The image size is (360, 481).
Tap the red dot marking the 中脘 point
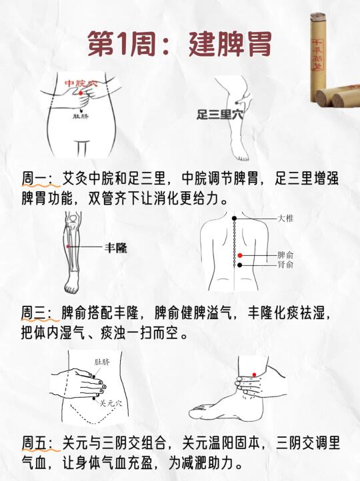81,93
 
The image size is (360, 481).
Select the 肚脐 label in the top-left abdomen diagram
81,117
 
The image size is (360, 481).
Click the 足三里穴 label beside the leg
220,115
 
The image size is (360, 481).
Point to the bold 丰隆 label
116,248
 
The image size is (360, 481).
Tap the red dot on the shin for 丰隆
68,246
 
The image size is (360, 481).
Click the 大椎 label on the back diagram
285,219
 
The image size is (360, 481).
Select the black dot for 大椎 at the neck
234,219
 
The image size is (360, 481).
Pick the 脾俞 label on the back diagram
285,255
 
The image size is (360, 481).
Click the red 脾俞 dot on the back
240,255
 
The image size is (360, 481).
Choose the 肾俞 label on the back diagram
285,264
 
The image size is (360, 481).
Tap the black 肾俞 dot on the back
240,265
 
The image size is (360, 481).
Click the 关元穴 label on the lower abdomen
111,403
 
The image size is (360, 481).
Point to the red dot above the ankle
254,374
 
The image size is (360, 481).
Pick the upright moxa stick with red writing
317,57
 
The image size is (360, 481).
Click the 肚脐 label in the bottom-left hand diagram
102,362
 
